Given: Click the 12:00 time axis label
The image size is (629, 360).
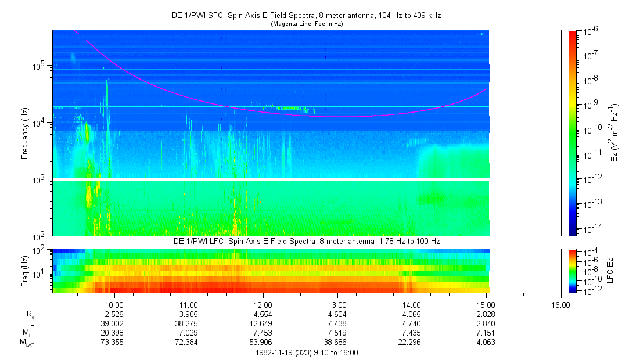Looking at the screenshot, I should coord(263,305).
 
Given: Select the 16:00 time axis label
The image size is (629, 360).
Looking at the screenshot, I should coord(560,305).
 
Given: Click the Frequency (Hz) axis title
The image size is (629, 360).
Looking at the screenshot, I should coord(25,134).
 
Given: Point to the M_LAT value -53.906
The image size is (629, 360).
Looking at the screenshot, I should coord(263,343).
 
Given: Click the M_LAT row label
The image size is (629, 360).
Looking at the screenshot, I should coord(26,343).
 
